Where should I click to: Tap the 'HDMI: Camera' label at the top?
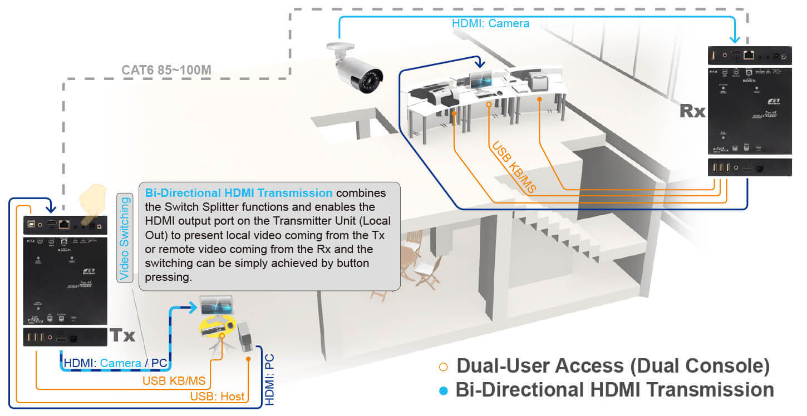click(x=490, y=24)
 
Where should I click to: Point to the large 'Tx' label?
click(x=122, y=335)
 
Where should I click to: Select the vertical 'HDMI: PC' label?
click(x=270, y=384)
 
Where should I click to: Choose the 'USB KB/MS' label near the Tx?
click(x=174, y=381)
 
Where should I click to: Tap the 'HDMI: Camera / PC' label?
click(x=116, y=363)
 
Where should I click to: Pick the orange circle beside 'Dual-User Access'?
click(x=443, y=367)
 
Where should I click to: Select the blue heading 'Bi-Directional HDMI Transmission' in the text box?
click(x=239, y=193)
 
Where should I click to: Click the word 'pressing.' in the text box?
click(x=168, y=276)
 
